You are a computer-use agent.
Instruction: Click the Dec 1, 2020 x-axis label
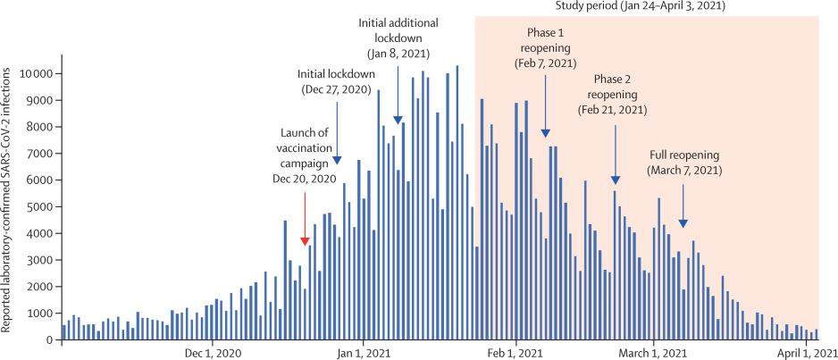click(213, 353)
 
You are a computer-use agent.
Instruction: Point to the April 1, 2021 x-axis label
click(809, 353)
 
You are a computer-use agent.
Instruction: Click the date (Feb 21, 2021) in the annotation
click(616, 109)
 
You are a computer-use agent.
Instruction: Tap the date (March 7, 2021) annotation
click(684, 170)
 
